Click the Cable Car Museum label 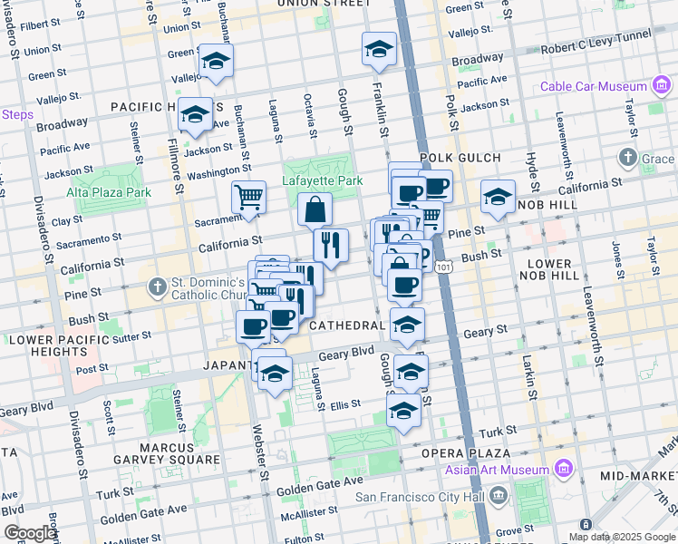(x=592, y=87)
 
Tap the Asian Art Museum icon (x=564, y=470)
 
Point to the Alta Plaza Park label (x=109, y=192)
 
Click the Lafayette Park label (x=323, y=181)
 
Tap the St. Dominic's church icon (x=158, y=287)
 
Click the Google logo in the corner (x=30, y=533)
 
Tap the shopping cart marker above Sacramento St (x=248, y=198)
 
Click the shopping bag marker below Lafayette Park (x=315, y=210)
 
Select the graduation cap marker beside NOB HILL (x=498, y=197)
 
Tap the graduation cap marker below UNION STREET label (x=379, y=49)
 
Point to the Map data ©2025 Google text (x=622, y=537)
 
